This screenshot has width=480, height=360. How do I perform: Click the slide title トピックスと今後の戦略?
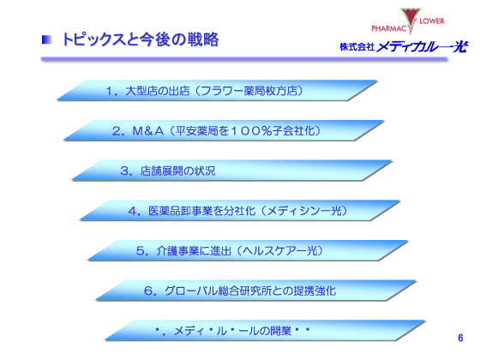pos(141,39)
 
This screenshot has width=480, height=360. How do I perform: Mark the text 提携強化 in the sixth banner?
pos(315,291)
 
